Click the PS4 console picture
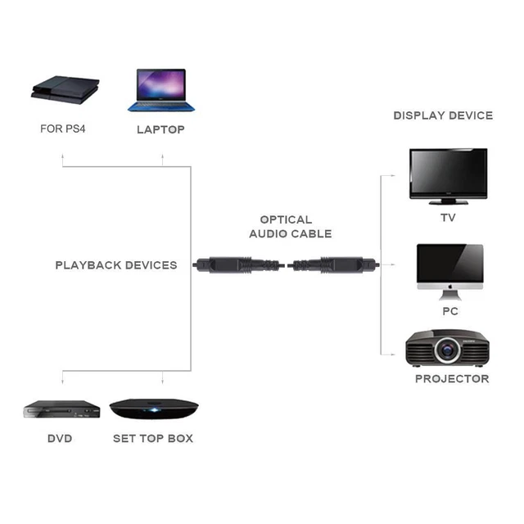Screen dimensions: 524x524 click(x=65, y=89)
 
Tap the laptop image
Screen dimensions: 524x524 click(x=160, y=89)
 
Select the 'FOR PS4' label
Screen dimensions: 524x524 click(x=63, y=129)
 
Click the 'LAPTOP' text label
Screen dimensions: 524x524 click(x=160, y=129)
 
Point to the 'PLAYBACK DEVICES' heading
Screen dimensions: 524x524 click(x=116, y=265)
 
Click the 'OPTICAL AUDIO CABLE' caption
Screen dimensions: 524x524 click(x=291, y=227)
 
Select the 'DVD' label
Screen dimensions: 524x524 click(x=60, y=439)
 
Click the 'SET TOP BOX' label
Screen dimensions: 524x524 click(x=153, y=439)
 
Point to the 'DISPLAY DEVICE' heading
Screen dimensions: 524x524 click(x=443, y=115)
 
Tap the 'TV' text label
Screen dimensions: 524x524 click(x=448, y=218)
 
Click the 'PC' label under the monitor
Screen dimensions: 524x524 click(x=449, y=311)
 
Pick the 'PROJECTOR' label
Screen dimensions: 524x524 click(x=451, y=379)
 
